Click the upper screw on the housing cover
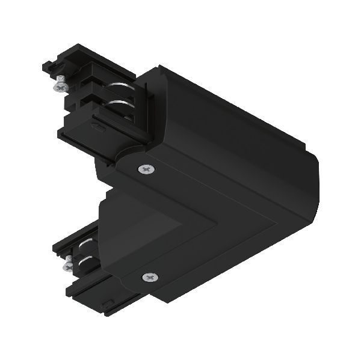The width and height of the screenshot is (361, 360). coord(147,171)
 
